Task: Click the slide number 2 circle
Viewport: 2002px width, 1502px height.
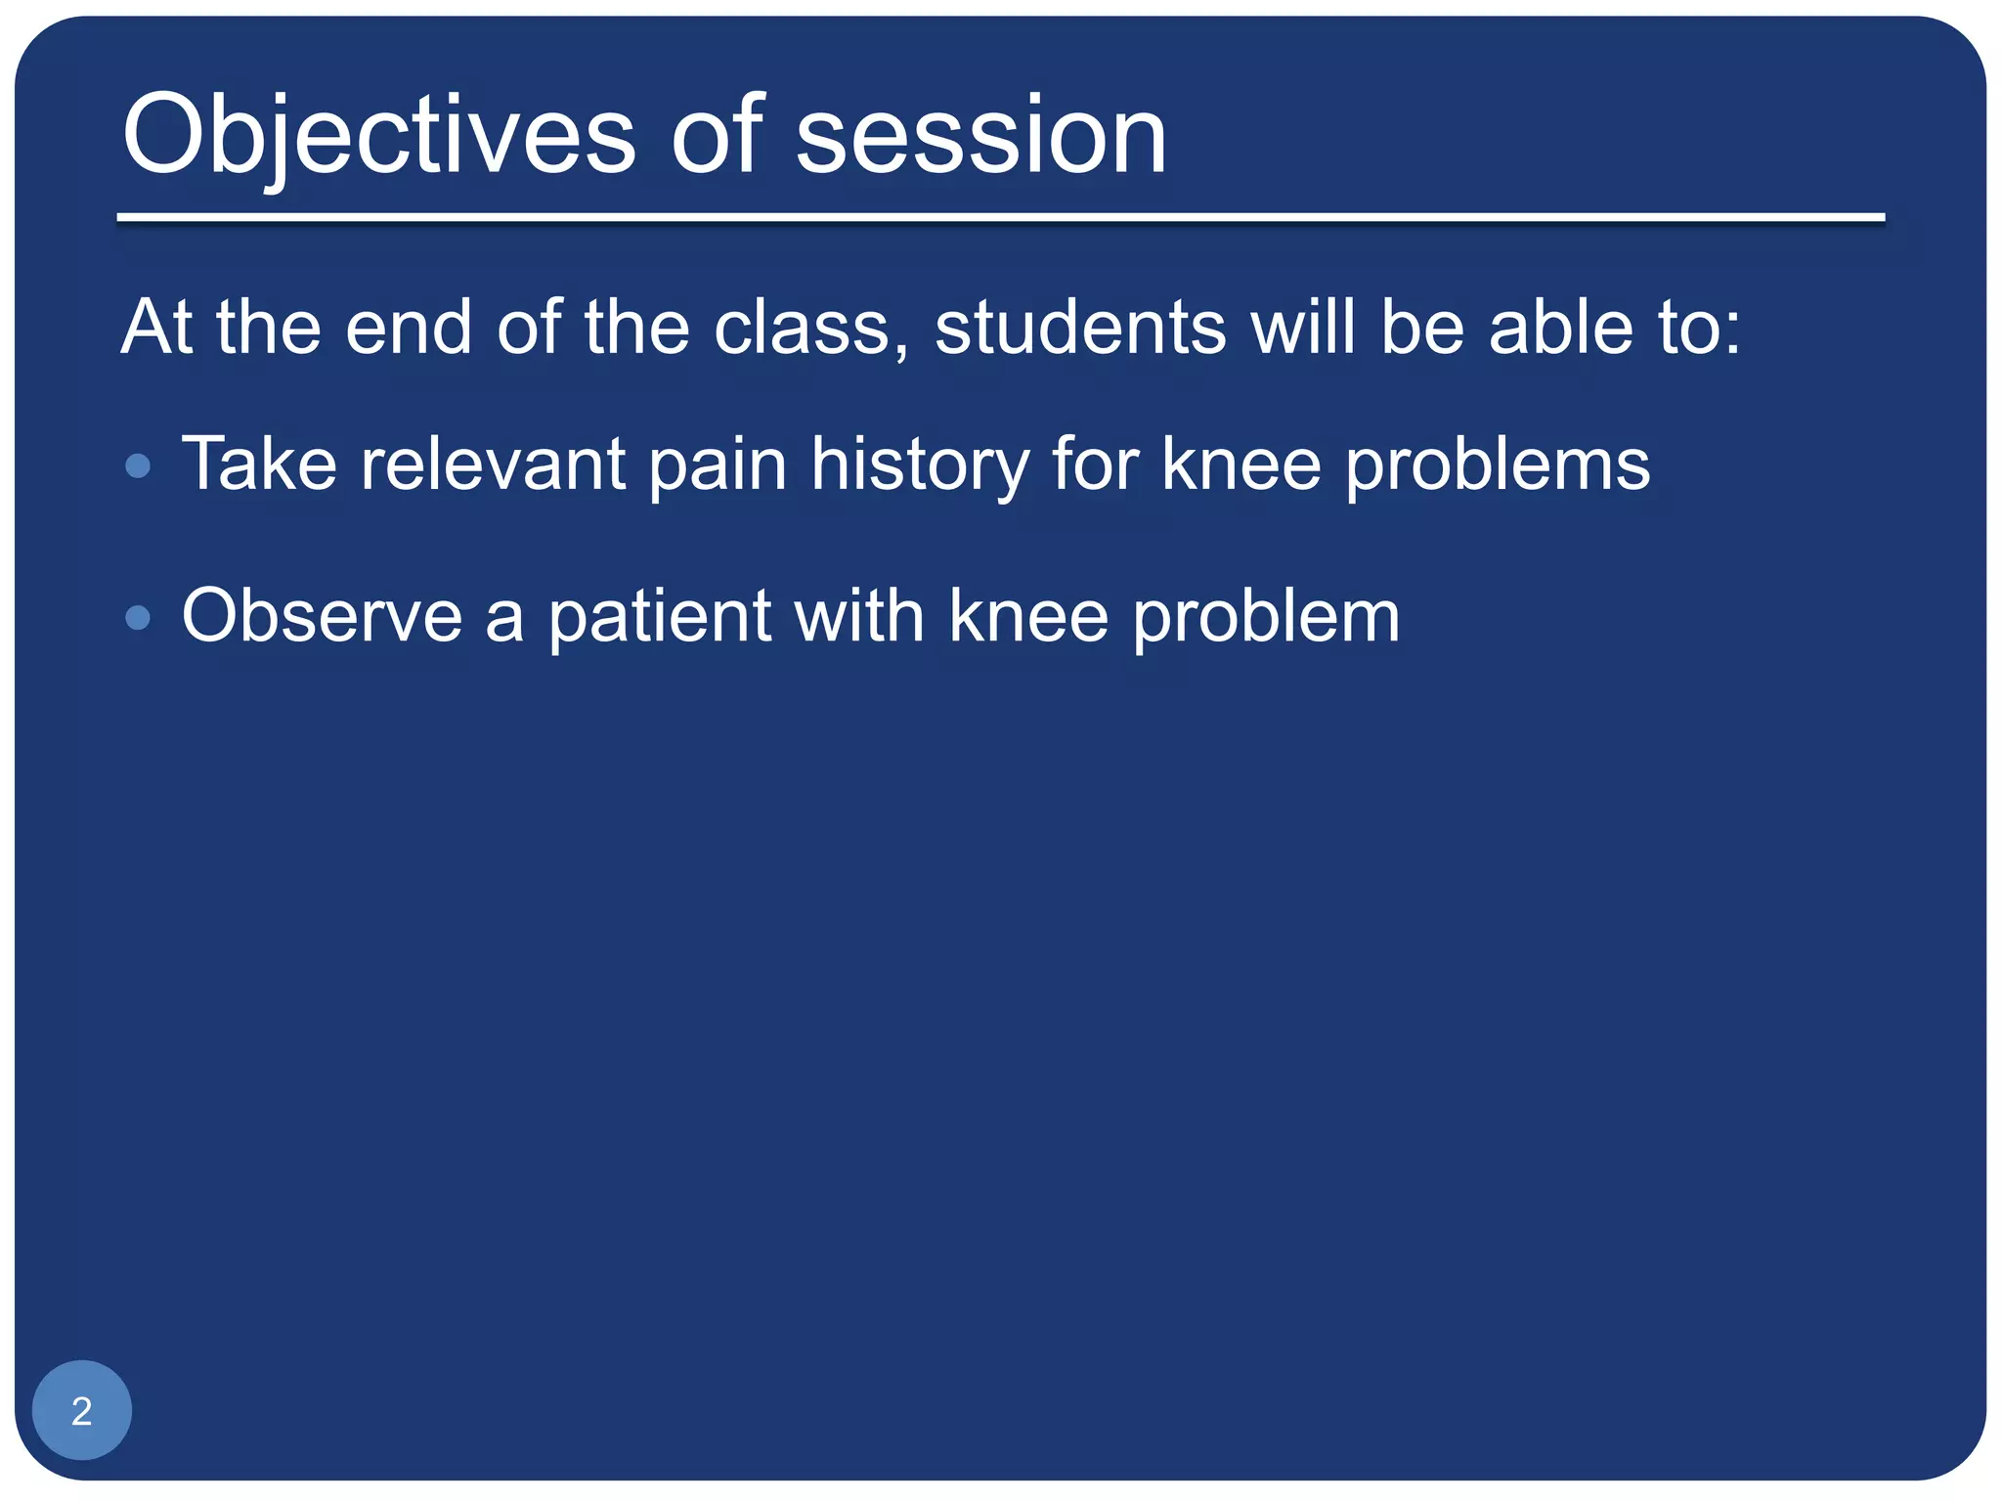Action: coord(82,1409)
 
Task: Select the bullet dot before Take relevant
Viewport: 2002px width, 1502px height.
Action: coord(139,465)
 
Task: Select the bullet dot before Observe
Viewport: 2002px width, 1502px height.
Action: coord(139,618)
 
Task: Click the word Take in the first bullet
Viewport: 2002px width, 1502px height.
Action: coord(259,464)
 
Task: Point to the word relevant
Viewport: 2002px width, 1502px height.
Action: coord(493,464)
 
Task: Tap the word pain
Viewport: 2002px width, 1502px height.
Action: coord(718,464)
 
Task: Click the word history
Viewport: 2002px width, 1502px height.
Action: coord(919,464)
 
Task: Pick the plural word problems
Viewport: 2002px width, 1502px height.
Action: coord(1498,464)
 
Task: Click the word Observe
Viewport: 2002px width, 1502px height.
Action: coord(322,616)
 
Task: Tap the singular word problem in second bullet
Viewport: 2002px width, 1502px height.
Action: coord(1266,616)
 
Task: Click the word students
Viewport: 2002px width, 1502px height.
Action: coord(1080,327)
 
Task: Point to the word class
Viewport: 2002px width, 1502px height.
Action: coord(802,327)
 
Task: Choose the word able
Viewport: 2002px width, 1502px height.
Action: coord(1560,327)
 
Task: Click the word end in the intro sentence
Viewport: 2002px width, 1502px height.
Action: coord(409,327)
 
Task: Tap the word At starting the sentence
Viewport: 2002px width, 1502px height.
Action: coord(156,327)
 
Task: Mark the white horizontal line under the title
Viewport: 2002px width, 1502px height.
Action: coord(1000,218)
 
